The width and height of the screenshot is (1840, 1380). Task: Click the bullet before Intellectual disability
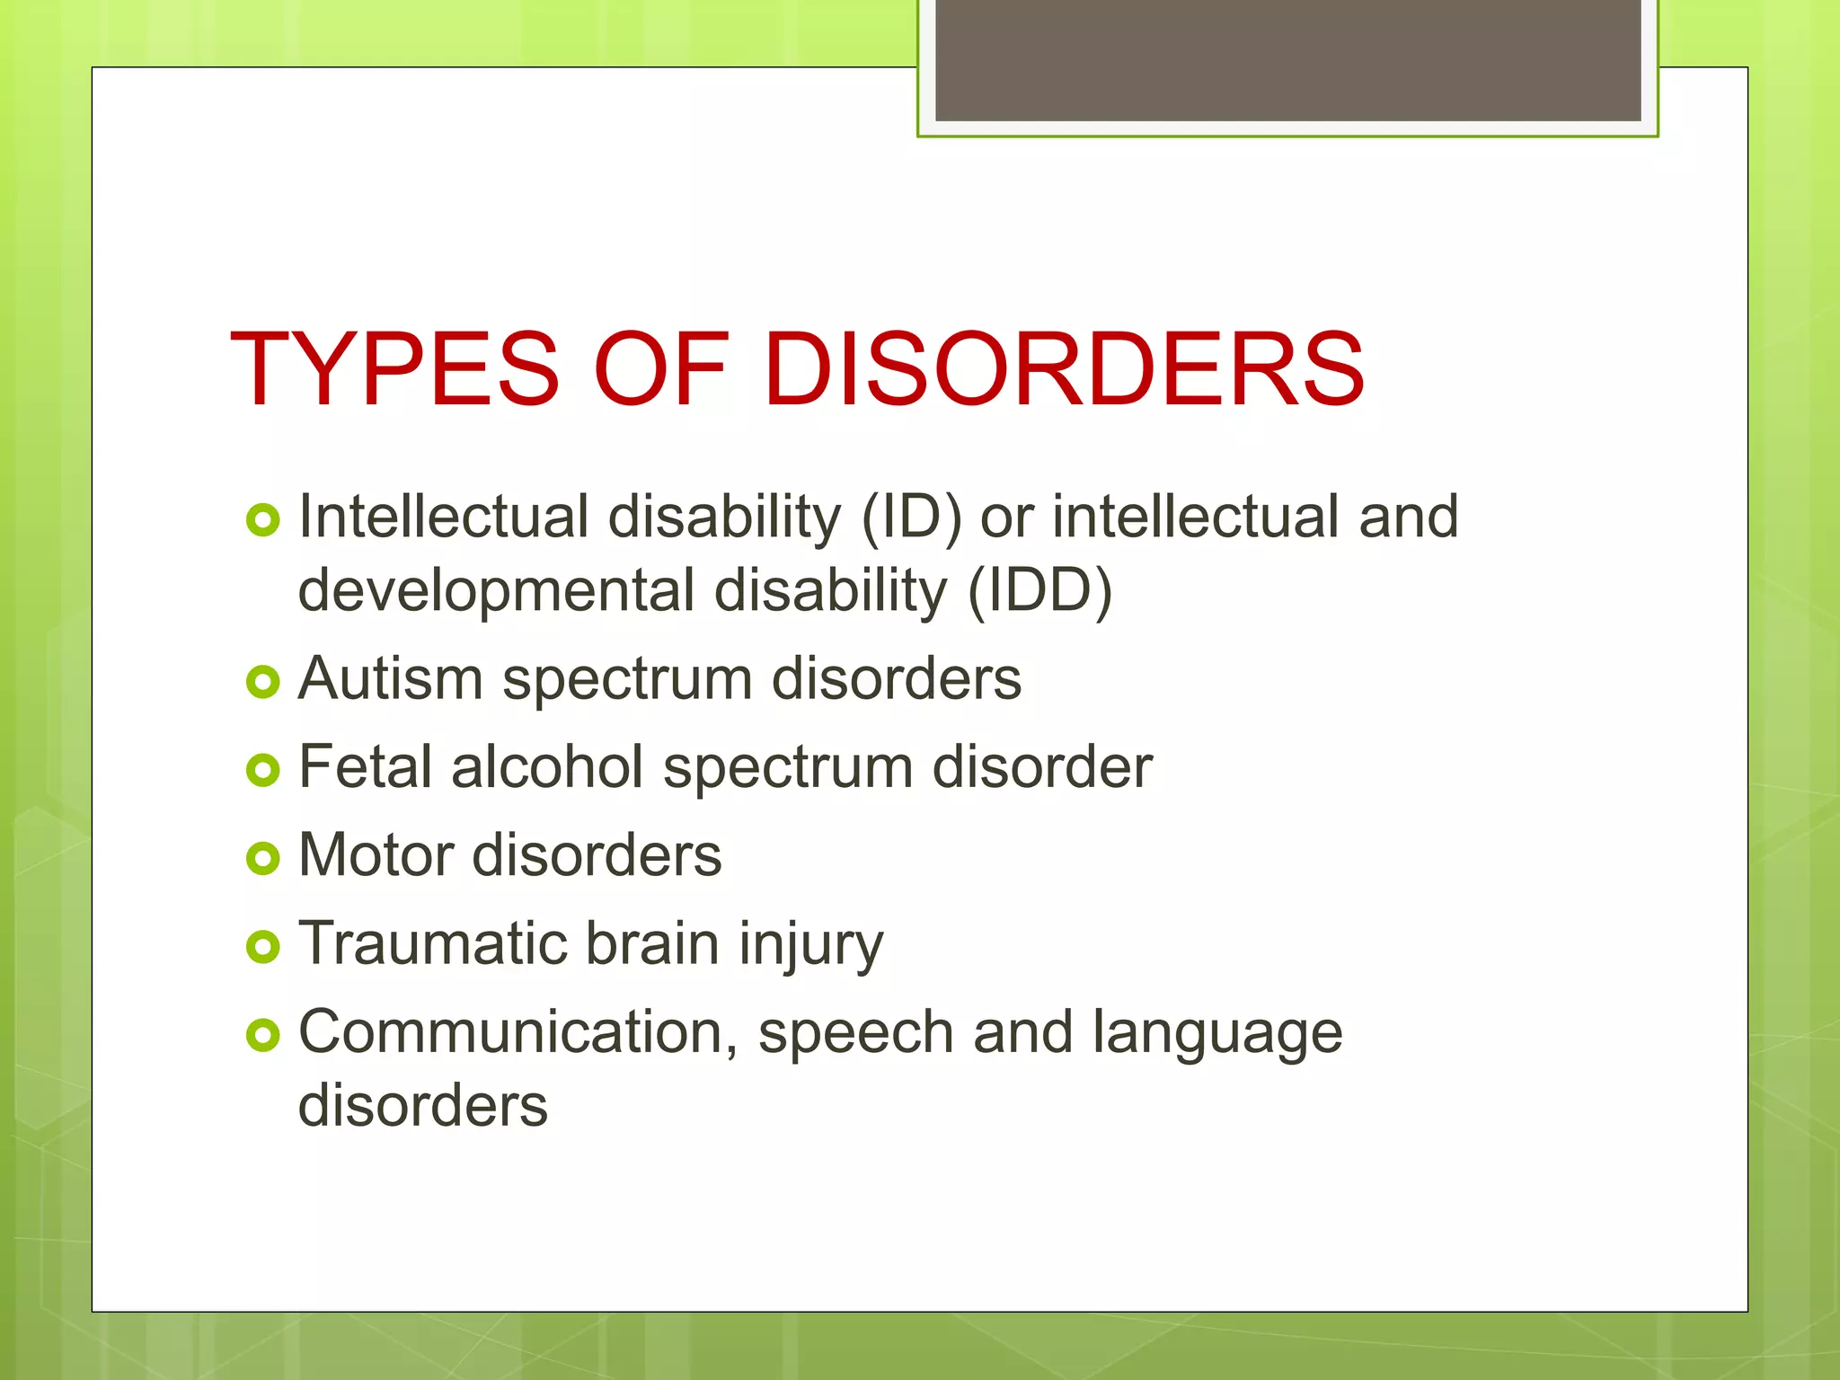[x=263, y=520]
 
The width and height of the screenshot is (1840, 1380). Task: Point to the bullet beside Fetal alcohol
[x=263, y=770]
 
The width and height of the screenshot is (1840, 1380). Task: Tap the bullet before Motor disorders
[x=263, y=858]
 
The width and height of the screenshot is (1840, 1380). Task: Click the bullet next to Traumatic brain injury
[x=263, y=947]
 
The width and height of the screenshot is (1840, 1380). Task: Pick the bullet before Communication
[x=263, y=1035]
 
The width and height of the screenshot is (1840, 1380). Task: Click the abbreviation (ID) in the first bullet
[x=911, y=518]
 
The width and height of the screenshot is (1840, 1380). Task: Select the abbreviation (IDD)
[x=1039, y=592]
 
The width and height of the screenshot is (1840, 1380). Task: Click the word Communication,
[x=518, y=1033]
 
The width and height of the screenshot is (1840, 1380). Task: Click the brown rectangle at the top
[x=1287, y=60]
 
